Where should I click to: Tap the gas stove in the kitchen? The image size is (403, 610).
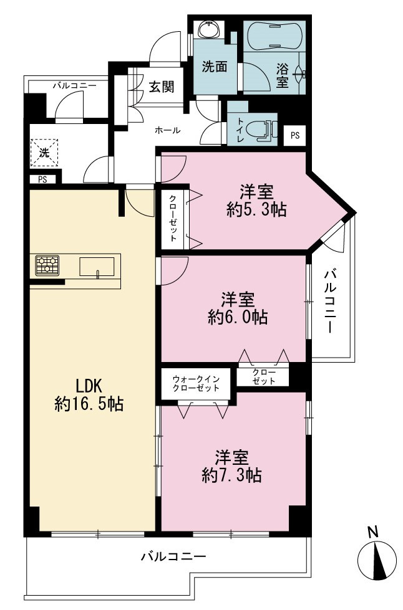pyautogui.click(x=47, y=265)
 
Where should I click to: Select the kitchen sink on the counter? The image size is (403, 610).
pyautogui.click(x=97, y=267)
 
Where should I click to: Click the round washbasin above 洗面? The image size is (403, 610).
pyautogui.click(x=209, y=29)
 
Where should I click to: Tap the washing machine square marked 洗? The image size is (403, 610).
pyautogui.click(x=44, y=153)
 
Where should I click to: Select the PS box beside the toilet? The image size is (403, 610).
pyautogui.click(x=294, y=135)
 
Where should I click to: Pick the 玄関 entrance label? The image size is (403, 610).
pyautogui.click(x=161, y=87)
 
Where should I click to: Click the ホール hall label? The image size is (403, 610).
pyautogui.click(x=168, y=130)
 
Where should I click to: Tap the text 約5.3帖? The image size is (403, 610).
pyautogui.click(x=256, y=210)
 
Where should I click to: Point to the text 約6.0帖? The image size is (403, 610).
pyautogui.click(x=238, y=317)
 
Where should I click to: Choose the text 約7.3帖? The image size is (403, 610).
pyautogui.click(x=231, y=475)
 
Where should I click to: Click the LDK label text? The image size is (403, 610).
pyautogui.click(x=89, y=387)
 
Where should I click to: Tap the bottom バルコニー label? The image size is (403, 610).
pyautogui.click(x=173, y=556)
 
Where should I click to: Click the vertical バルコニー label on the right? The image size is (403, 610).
pyautogui.click(x=330, y=302)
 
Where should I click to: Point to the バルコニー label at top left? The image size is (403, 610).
pyautogui.click(x=75, y=85)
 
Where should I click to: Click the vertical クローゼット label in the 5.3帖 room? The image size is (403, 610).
pyautogui.click(x=173, y=218)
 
